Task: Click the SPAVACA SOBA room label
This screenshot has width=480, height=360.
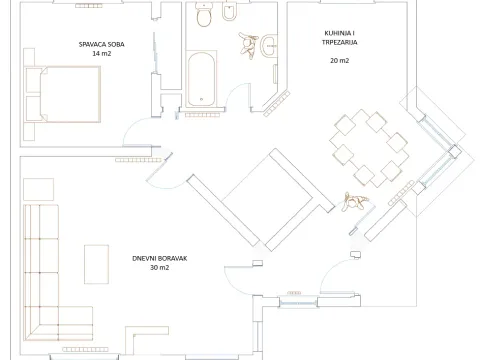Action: [x=101, y=44]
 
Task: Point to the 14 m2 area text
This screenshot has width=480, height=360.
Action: [x=101, y=53]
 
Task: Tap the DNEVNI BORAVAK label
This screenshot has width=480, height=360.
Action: [x=160, y=258]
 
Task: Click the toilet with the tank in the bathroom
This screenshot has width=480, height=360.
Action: [x=203, y=17]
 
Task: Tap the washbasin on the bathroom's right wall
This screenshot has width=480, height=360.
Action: [x=268, y=44]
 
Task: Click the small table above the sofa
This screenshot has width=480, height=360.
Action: [x=39, y=190]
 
